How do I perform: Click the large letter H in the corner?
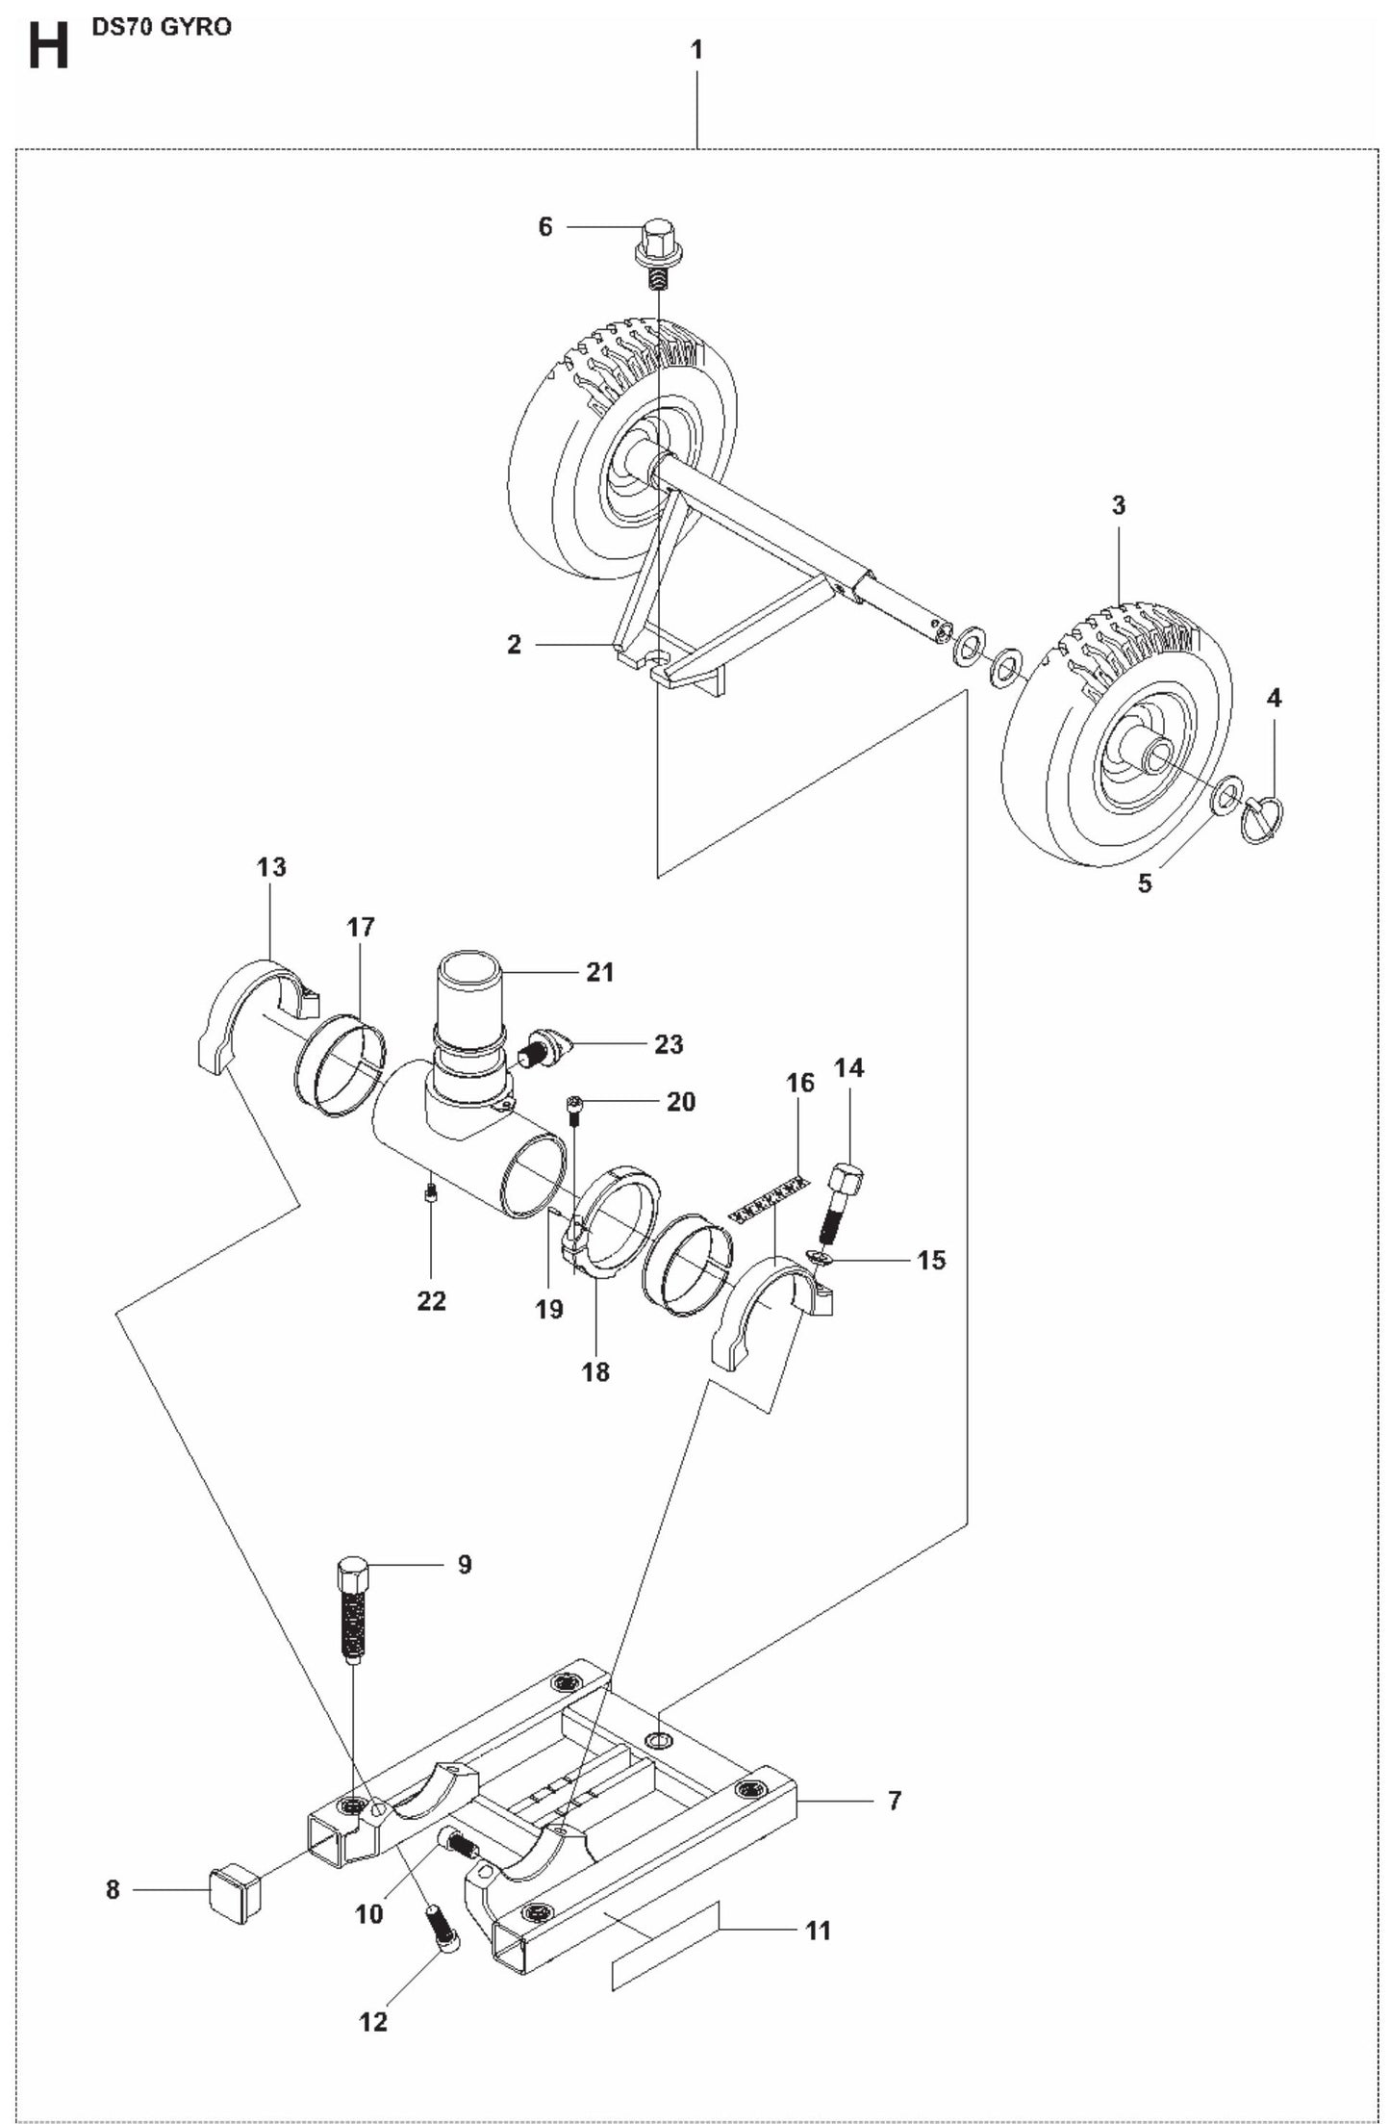point(48,47)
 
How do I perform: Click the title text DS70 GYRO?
point(162,27)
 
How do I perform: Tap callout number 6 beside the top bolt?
point(545,227)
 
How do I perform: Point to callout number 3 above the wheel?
point(1118,505)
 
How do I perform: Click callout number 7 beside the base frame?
point(895,1800)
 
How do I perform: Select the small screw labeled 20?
point(574,1114)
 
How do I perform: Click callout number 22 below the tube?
point(432,1301)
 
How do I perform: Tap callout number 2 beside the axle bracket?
point(514,645)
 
